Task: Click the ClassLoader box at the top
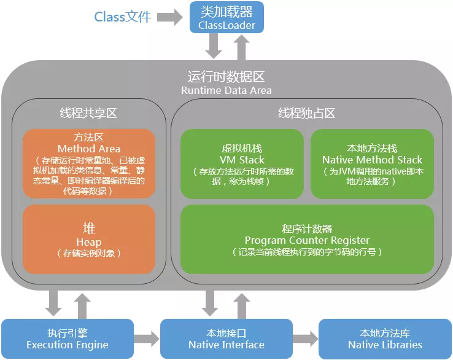(226, 18)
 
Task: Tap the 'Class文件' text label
(123, 17)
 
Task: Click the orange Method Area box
(89, 163)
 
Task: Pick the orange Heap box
(89, 239)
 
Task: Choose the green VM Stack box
(242, 163)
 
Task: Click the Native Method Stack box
(372, 163)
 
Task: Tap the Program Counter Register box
(307, 239)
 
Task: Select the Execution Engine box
(68, 338)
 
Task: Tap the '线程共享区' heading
(88, 113)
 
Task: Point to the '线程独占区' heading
(307, 113)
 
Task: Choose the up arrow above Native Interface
(241, 303)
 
